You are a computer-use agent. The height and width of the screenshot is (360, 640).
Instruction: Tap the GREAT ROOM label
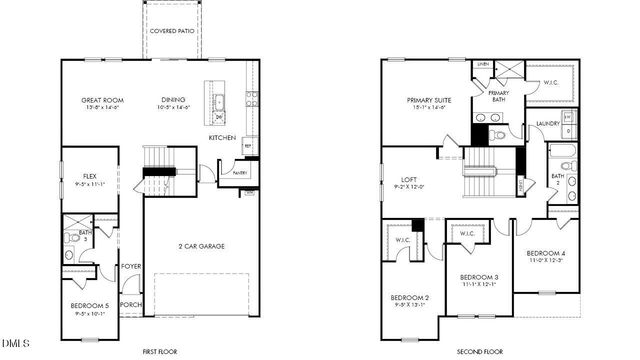pos(103,100)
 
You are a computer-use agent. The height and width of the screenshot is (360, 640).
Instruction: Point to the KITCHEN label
pos(221,137)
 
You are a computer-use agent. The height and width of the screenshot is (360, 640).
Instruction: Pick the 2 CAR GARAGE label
pos(200,246)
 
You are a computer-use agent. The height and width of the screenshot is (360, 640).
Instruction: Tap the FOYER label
pos(131,266)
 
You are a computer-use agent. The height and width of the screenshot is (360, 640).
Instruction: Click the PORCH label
pos(131,305)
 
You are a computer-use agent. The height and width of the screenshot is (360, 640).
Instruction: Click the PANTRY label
pos(239,172)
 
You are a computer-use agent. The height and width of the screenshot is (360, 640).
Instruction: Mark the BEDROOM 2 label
pos(410,298)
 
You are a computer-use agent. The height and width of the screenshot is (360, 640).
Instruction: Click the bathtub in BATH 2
pos(562,160)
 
